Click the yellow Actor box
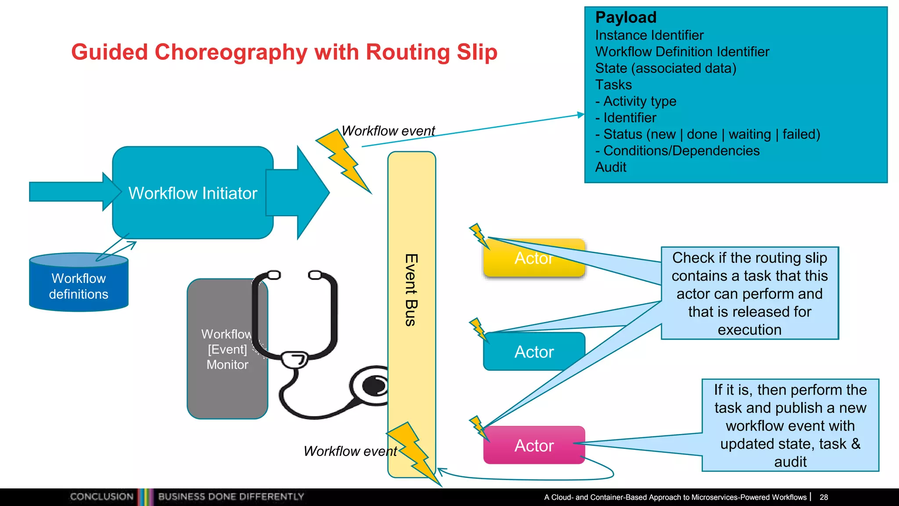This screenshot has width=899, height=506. [x=534, y=258]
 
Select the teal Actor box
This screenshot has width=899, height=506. [x=534, y=352]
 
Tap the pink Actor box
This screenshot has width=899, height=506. [x=534, y=445]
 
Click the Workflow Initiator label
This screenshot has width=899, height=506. [x=193, y=193]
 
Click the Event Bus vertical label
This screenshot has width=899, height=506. [x=410, y=290]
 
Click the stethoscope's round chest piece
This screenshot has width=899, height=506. [x=373, y=387]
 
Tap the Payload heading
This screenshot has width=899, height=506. [x=626, y=18]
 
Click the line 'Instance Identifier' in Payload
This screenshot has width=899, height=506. [x=649, y=35]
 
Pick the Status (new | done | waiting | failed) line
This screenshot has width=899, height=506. [x=707, y=134]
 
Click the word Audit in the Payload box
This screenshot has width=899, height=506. [x=611, y=167]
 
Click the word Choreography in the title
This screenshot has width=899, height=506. [x=230, y=52]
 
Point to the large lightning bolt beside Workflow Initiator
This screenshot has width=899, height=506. [x=345, y=161]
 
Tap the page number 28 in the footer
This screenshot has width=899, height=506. [x=823, y=497]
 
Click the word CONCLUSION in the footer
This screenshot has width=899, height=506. [x=101, y=497]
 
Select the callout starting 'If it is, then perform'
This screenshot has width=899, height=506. [x=790, y=425]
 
